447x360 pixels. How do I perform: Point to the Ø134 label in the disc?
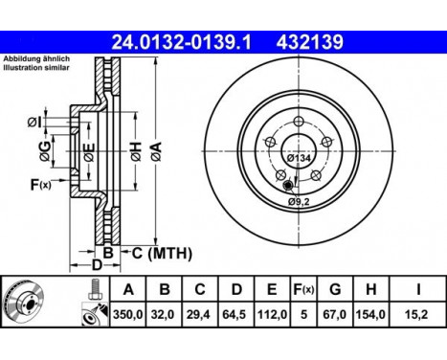299,157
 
